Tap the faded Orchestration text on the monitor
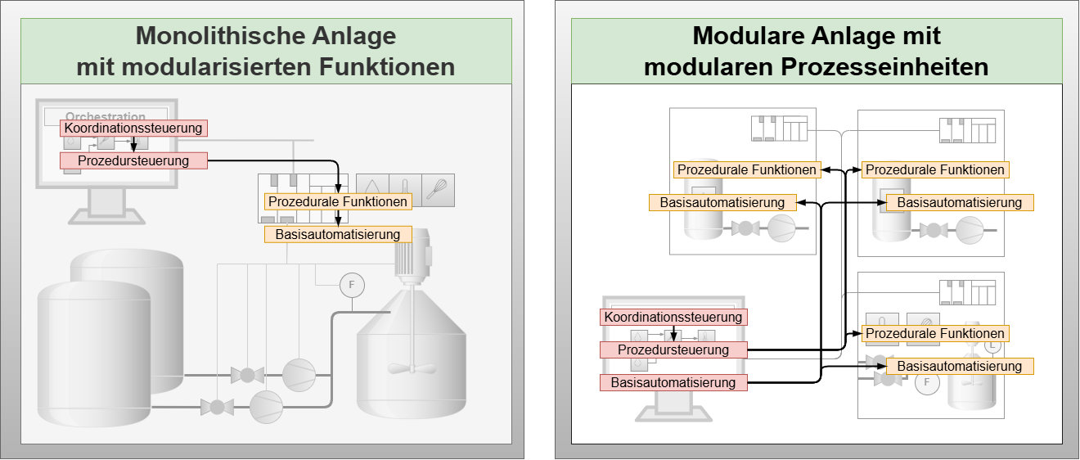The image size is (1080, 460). [106, 117]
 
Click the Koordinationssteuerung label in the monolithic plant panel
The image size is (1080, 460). [133, 129]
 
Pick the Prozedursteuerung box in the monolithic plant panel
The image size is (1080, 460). [133, 160]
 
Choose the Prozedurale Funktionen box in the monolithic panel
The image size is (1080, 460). [338, 201]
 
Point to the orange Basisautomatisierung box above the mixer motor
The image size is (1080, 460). [338, 234]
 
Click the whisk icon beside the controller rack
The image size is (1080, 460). [438, 187]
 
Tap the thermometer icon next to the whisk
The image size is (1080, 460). [405, 187]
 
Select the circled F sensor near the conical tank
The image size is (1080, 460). [352, 285]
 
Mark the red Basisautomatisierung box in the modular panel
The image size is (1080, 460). [673, 382]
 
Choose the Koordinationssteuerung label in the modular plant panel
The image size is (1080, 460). [673, 317]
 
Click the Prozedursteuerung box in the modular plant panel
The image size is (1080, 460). [673, 350]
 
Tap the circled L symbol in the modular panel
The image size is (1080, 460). [992, 345]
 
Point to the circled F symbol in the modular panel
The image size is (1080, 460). [927, 381]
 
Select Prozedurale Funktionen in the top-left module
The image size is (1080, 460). [747, 169]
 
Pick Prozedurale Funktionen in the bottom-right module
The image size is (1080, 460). [935, 333]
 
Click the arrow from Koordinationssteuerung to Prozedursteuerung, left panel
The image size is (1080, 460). [133, 144]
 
